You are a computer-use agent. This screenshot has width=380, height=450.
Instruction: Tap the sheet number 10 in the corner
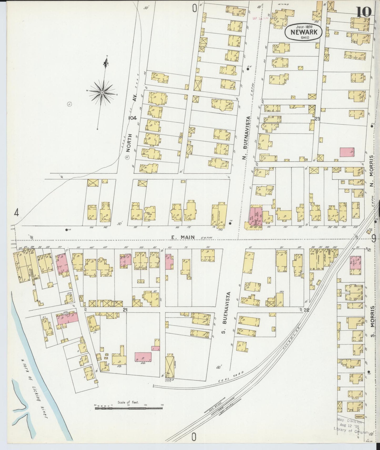click(x=364, y=12)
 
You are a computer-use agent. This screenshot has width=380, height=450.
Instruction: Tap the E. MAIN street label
click(x=183, y=237)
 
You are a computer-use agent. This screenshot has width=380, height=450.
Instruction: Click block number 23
click(x=317, y=119)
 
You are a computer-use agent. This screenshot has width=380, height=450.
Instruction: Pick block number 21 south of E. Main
click(x=125, y=310)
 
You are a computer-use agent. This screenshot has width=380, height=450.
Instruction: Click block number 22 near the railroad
click(x=306, y=310)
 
